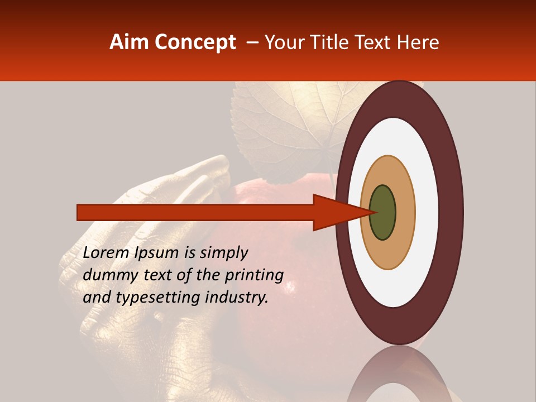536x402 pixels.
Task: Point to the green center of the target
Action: click(382, 212)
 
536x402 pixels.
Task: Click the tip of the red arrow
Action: click(369, 212)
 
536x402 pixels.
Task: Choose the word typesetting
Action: click(150, 298)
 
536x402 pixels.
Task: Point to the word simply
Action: click(223, 253)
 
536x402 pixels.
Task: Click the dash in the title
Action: click(252, 42)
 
